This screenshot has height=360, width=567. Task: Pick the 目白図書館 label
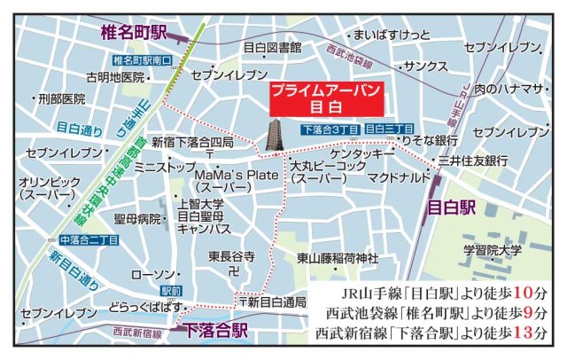[x=272, y=46]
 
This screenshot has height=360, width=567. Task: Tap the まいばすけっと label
[x=392, y=35]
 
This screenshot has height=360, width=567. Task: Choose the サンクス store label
[x=425, y=67]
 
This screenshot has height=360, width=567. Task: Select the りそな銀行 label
[x=431, y=141]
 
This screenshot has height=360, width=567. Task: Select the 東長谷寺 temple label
[x=231, y=256]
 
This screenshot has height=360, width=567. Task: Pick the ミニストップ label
[x=165, y=166]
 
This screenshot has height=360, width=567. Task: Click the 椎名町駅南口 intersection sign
[x=143, y=60]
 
